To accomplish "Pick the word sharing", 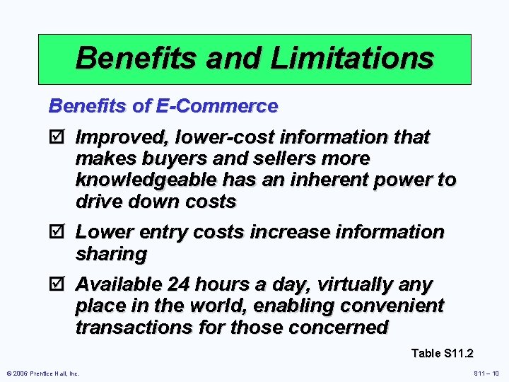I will click(x=111, y=254).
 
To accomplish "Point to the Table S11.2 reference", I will click(x=442, y=353).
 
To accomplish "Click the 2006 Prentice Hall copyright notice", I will click(x=43, y=373).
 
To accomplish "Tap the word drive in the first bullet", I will click(x=98, y=202).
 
